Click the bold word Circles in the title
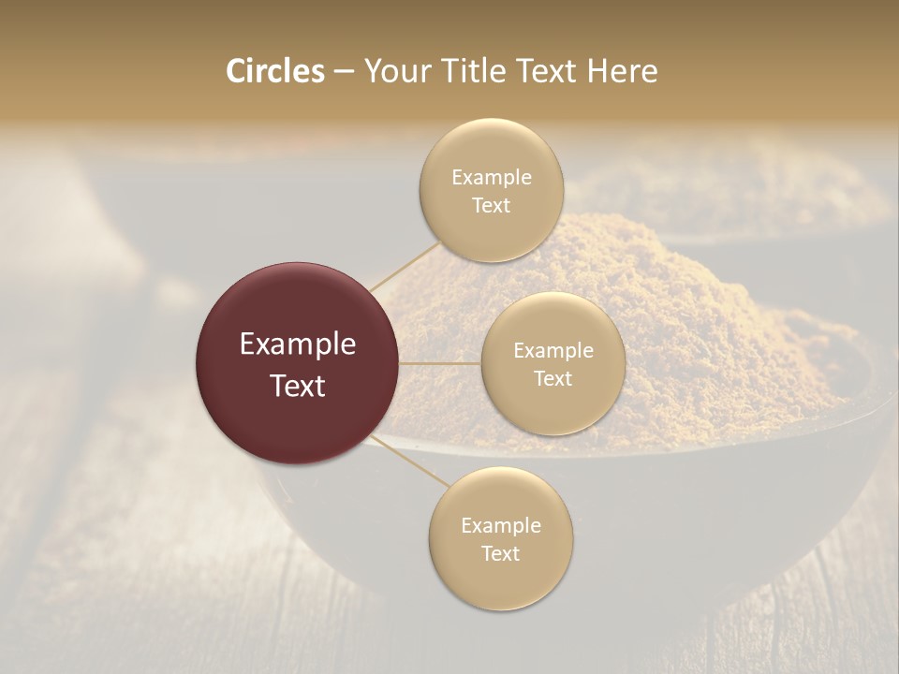point(274,71)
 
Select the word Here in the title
point(624,71)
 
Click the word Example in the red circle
point(298,344)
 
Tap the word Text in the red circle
point(298,386)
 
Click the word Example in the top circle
point(492,178)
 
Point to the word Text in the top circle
point(492,206)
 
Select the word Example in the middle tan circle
point(553,351)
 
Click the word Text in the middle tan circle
point(553,379)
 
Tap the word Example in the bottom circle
point(501,526)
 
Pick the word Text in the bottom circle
point(501,554)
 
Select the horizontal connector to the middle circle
point(440,363)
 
